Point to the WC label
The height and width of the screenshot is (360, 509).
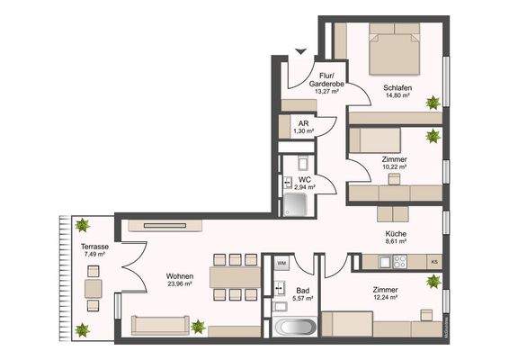click(304, 180)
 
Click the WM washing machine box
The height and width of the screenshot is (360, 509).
click(281, 263)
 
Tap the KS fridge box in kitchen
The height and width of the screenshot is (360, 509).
click(434, 262)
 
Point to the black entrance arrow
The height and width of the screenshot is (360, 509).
click(301, 50)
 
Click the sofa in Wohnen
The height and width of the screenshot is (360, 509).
click(159, 326)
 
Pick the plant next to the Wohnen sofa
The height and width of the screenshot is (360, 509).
click(198, 326)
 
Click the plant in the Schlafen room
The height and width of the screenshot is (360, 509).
click(433, 102)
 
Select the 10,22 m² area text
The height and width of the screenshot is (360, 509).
click(396, 167)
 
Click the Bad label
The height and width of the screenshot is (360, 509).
click(304, 290)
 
